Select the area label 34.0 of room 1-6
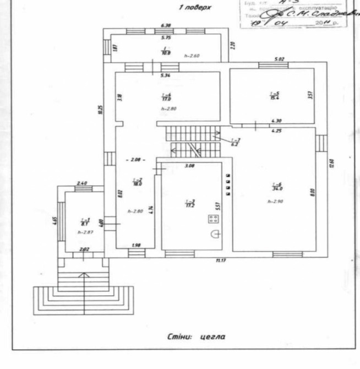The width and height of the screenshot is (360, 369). coord(274,188)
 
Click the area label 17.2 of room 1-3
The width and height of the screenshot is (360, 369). coord(190,204)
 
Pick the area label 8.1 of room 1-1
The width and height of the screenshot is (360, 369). coord(84,224)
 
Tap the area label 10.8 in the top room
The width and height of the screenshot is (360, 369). coord(165,53)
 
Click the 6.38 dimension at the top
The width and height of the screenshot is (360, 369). coord(166,26)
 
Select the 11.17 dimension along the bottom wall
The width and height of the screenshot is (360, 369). coord(221,261)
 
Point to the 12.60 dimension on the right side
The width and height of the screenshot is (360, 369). coord(331,165)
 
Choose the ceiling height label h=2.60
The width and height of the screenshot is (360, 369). coord(191,56)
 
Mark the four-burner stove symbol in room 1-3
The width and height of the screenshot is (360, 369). coord(213,219)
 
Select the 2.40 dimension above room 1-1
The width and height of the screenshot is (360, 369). coord(82,183)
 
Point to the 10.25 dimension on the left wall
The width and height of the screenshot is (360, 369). coord(100,109)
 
